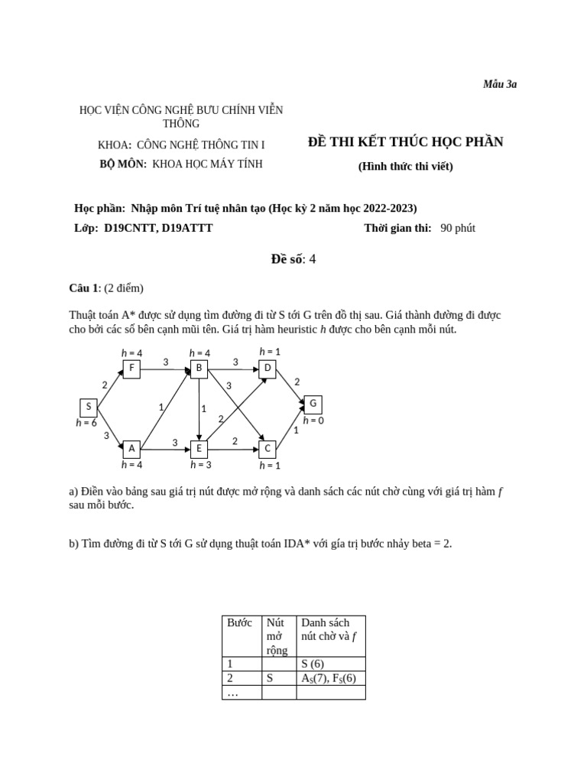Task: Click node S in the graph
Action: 89,408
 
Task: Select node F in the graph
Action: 131,369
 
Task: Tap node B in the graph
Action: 199,369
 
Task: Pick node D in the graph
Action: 268,369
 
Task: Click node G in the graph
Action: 313,404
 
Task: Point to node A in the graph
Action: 131,449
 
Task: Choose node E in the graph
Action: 199,449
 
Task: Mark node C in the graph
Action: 268,449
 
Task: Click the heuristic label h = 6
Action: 86,423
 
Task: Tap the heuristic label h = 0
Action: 313,420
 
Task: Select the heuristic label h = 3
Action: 201,465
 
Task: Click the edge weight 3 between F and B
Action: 165,362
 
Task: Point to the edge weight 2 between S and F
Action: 105,385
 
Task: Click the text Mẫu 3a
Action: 500,84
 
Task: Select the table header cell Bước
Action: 240,623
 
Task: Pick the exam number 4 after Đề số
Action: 312,259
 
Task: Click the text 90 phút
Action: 458,228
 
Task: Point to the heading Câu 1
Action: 84,288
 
